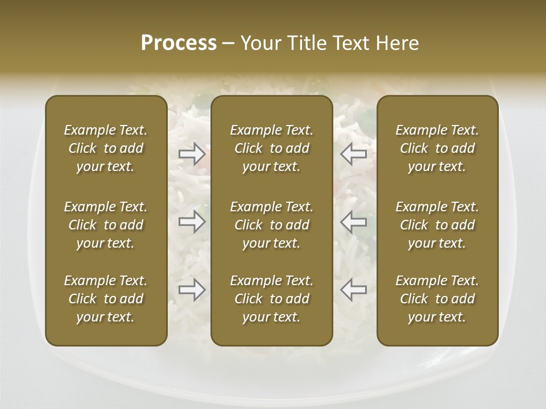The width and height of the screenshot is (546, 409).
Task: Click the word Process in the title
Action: pos(179,43)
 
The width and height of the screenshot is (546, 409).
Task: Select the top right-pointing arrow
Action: pos(192,154)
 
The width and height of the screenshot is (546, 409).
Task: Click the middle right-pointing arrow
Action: pos(192,221)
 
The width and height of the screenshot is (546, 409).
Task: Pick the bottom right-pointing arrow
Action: pos(192,290)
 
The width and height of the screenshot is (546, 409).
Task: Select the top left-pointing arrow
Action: pos(353,154)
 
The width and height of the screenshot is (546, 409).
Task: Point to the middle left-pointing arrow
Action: pos(353,221)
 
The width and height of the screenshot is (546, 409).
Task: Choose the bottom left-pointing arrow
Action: pos(353,290)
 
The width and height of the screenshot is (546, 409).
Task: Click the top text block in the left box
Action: pos(106,148)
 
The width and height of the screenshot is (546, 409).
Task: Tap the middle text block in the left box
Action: pos(106,225)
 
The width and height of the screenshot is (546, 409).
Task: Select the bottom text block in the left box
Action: pos(106,299)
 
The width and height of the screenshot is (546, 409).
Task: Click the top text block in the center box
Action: pos(272,148)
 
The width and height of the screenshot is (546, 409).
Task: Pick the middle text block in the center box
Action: pos(272,225)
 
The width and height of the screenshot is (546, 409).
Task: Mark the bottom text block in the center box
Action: pos(272,299)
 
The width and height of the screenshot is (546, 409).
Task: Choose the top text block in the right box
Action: pos(437,148)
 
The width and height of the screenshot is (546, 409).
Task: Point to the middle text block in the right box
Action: pos(437,225)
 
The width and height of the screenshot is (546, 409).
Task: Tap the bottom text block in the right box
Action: pos(437,299)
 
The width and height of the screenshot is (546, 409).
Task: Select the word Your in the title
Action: pos(259,43)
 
